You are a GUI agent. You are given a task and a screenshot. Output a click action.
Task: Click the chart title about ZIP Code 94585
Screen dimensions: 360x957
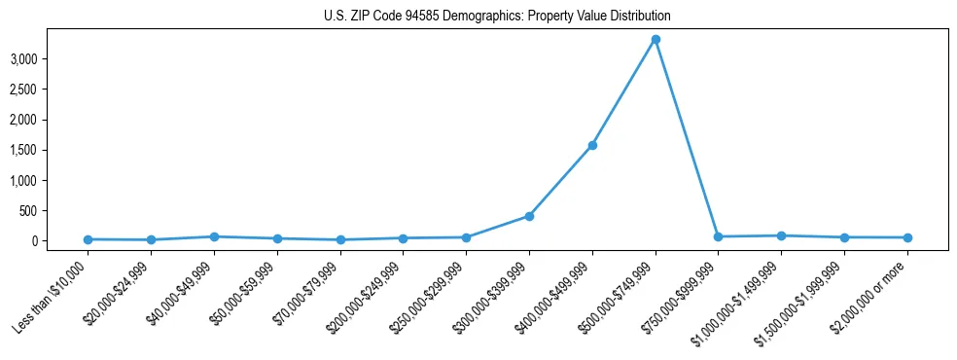click(497, 17)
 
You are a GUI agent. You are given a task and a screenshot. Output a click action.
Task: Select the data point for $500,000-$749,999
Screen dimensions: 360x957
click(656, 40)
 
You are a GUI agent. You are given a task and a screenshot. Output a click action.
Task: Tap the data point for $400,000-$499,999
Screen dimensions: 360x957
click(592, 146)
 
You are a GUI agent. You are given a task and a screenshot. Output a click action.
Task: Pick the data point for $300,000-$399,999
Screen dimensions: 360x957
click(529, 216)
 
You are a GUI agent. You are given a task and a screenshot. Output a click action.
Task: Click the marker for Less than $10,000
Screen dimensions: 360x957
click(89, 239)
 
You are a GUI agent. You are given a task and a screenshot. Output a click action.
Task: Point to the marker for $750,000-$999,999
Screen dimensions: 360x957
click(718, 236)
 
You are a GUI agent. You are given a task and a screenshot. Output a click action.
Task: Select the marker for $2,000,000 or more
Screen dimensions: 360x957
click(907, 237)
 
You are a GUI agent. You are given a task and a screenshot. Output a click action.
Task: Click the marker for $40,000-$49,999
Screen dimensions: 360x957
click(214, 236)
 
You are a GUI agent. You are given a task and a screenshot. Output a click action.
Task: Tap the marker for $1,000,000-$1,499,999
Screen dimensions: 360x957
click(781, 235)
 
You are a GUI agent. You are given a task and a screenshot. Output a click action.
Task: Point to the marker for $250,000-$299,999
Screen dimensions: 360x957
click(466, 237)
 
